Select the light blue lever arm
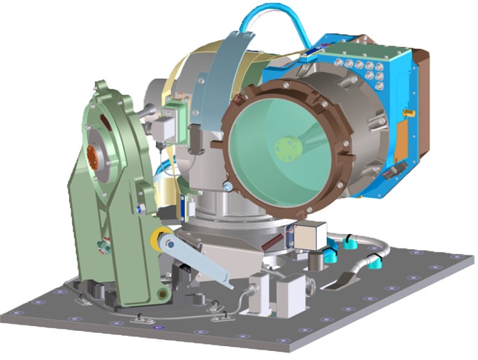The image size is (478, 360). [x=201, y=261]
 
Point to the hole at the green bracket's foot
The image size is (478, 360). [x=163, y=296]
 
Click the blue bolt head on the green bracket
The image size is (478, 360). [x=141, y=208]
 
